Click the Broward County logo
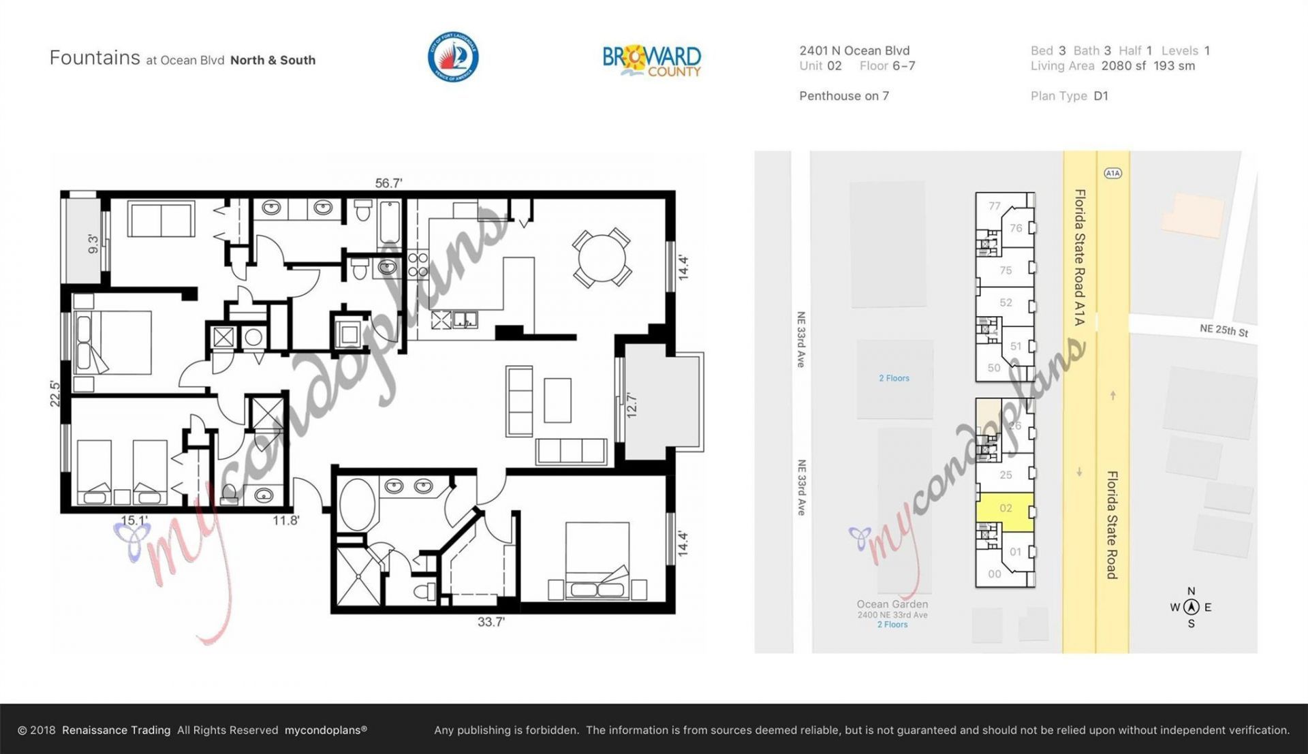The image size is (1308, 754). (651, 61)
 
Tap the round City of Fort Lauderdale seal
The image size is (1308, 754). (453, 57)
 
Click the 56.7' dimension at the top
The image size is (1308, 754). (388, 183)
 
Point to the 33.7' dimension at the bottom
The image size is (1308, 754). (490, 622)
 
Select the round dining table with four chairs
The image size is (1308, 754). (602, 258)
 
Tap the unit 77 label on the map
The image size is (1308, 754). (995, 206)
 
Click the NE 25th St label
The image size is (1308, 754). (1224, 330)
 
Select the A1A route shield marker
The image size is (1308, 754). (1112, 173)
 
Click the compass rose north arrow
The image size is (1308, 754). (1191, 607)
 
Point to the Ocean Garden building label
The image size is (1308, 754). (892, 604)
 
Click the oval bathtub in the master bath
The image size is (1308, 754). (356, 504)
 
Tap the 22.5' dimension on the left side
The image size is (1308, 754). (55, 394)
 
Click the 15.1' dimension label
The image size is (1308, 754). (134, 520)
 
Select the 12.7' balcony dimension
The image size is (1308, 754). (632, 405)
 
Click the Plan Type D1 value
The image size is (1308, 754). (1101, 96)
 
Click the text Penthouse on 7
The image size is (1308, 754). (843, 96)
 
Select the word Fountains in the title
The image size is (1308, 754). (95, 58)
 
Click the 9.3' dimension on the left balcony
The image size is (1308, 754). (93, 243)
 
